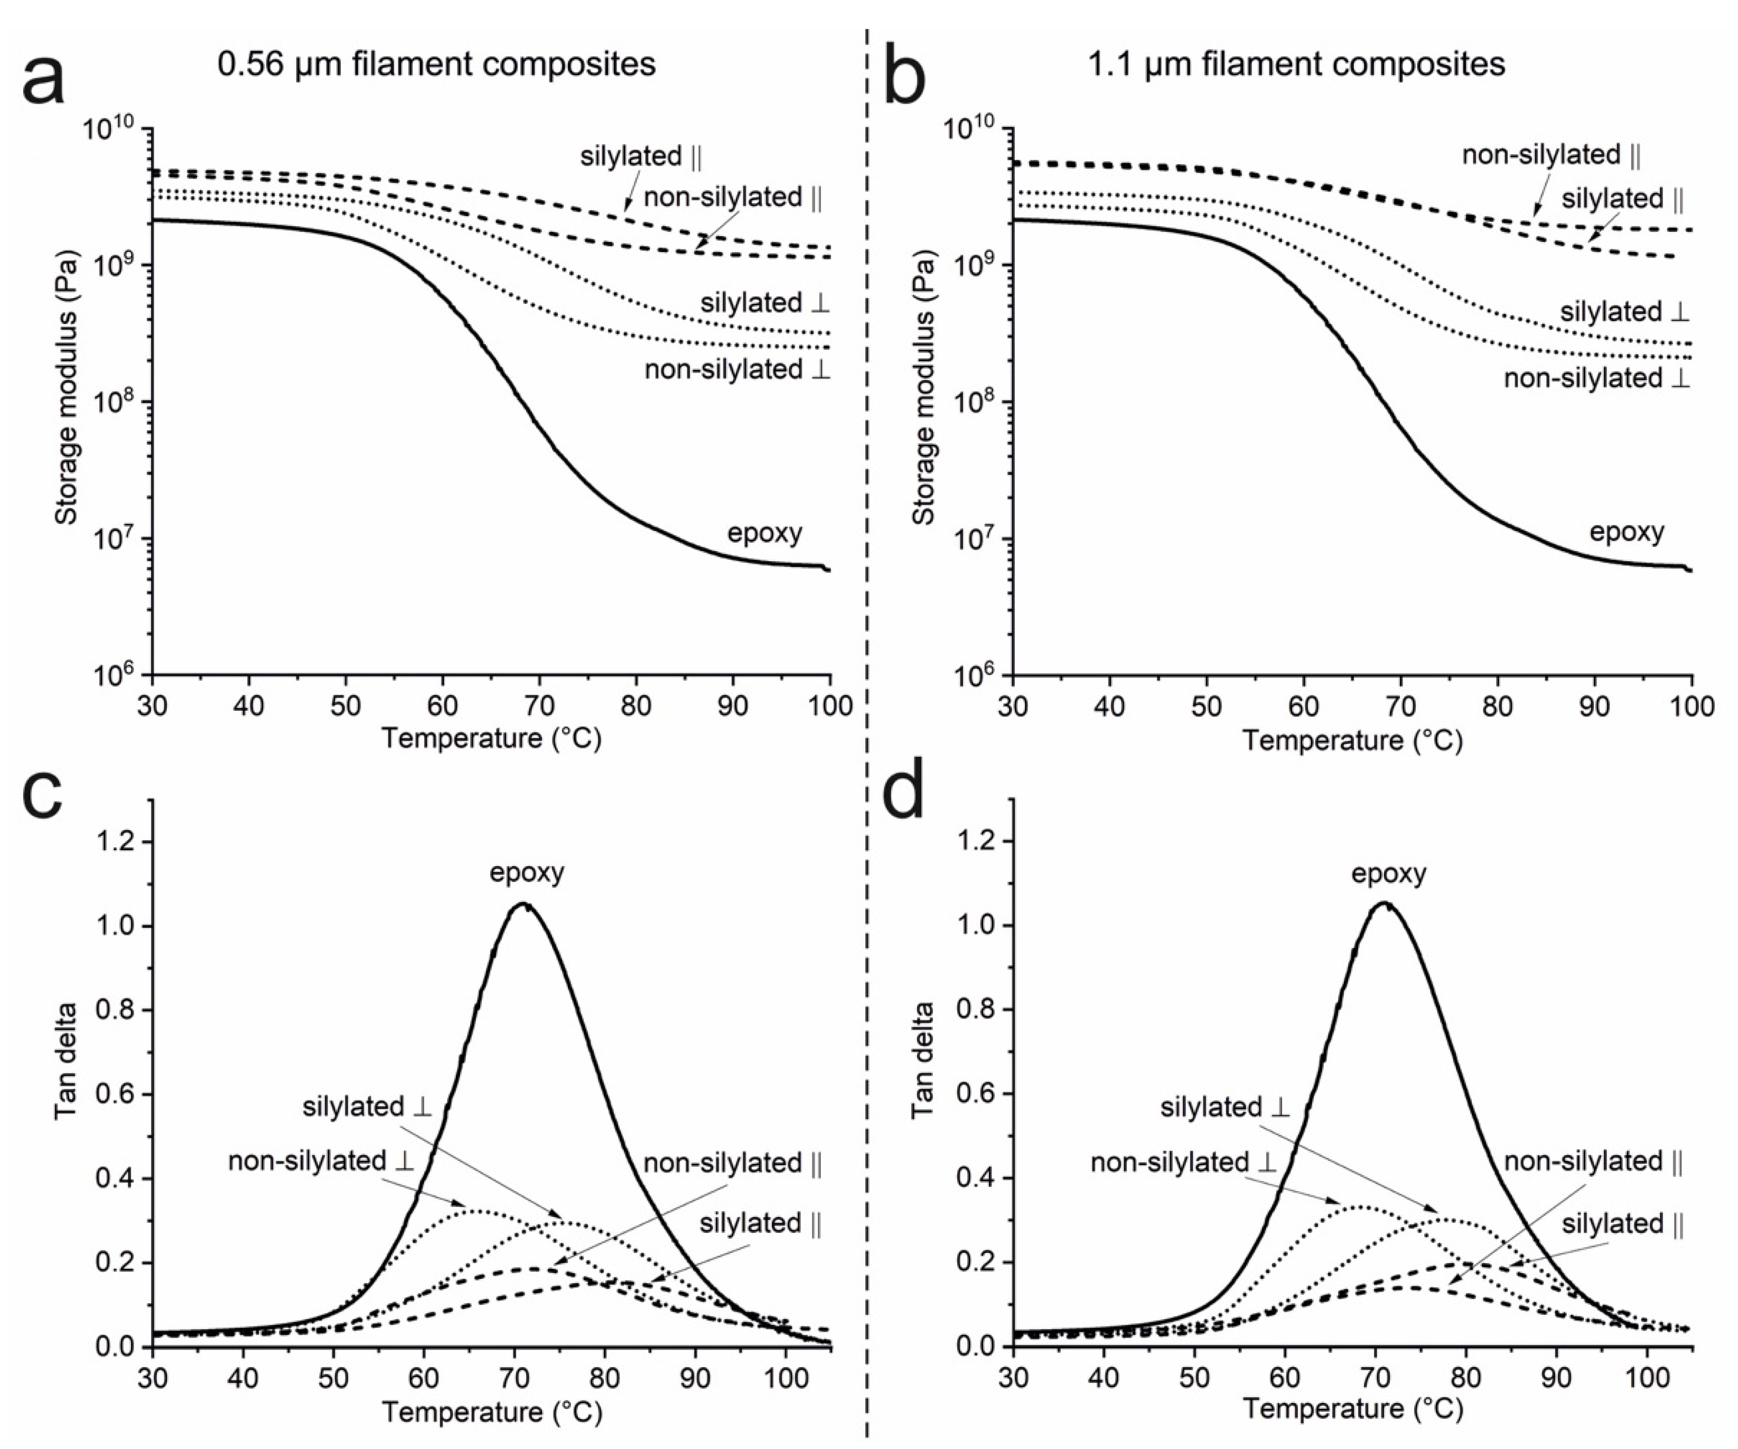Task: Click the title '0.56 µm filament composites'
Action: [436, 64]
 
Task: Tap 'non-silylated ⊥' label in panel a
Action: [736, 369]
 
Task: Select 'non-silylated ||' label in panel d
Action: [1592, 1162]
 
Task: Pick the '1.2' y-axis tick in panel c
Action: [116, 842]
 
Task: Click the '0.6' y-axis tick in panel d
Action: [977, 1094]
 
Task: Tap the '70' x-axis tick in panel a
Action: [539, 705]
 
